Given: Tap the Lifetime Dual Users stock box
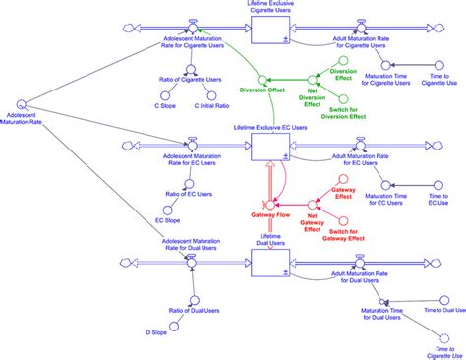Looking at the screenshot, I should [270, 263].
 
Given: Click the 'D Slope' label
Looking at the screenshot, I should [159, 333].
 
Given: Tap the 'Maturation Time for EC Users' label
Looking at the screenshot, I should [385, 200].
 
